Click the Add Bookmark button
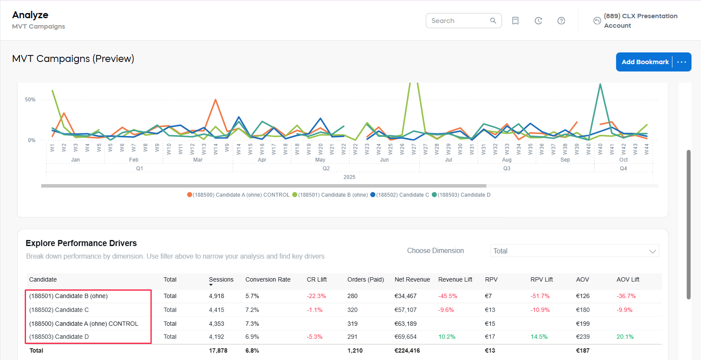645,62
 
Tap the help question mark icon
561,21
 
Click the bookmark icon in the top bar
515,21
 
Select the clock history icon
538,21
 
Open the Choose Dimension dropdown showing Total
574,251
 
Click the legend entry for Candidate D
463,195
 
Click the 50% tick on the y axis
30,100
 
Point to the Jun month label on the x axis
384,160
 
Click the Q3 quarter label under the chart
506,169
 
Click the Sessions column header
221,279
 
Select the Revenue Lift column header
455,279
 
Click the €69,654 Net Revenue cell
405,337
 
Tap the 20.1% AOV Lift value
625,337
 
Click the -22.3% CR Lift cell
316,296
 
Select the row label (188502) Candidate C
59,310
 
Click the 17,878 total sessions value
218,350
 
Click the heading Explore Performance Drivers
81,243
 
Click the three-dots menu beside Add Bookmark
681,62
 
